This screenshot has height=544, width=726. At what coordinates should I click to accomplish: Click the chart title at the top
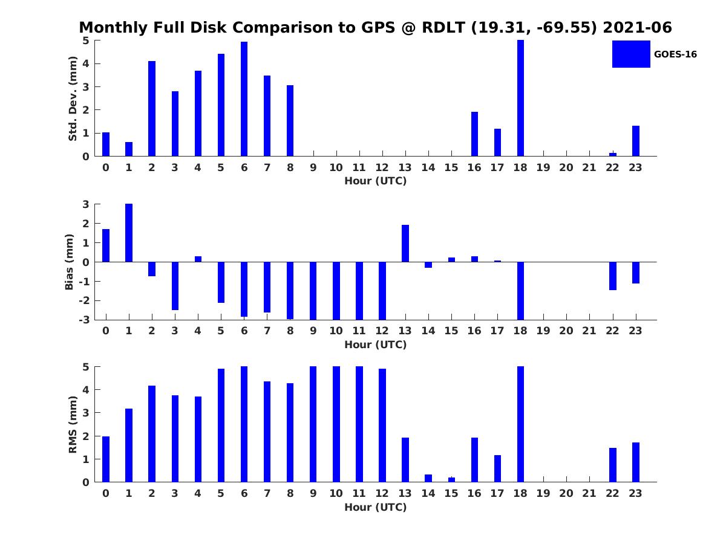(x=375, y=28)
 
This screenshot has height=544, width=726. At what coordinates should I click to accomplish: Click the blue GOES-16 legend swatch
(x=631, y=54)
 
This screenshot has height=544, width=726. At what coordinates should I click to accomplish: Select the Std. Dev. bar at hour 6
(x=244, y=99)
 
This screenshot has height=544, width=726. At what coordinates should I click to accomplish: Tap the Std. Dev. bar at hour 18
(x=520, y=98)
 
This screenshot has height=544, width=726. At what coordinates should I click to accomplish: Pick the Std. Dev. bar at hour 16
(x=474, y=134)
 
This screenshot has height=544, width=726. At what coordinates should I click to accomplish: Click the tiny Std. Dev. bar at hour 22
(x=613, y=154)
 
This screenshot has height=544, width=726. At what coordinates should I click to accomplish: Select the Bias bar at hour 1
(x=129, y=233)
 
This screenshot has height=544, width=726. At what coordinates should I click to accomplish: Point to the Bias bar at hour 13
(x=405, y=244)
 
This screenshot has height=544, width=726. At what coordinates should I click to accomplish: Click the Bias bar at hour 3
(x=175, y=286)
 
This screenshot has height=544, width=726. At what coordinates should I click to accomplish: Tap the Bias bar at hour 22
(x=613, y=276)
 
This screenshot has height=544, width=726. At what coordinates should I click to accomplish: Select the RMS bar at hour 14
(x=428, y=478)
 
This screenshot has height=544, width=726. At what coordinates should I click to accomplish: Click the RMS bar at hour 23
(x=636, y=462)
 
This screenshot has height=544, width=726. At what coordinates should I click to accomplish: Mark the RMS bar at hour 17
(x=497, y=468)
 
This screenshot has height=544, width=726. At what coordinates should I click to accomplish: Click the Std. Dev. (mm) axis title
(x=73, y=99)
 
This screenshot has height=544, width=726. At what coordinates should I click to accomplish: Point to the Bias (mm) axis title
(x=70, y=262)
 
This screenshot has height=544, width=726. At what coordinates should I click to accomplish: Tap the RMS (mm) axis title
(x=73, y=424)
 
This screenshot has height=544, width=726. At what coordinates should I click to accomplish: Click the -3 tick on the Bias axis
(x=86, y=320)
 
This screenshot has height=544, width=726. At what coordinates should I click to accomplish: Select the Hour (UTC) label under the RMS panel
(x=375, y=507)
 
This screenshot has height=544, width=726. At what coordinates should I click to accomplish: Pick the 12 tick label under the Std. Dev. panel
(x=382, y=168)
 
